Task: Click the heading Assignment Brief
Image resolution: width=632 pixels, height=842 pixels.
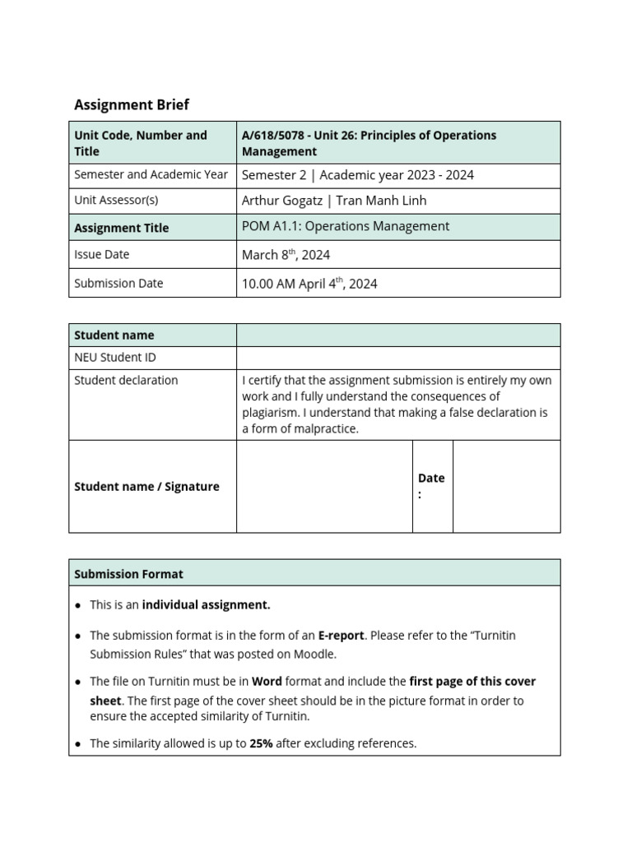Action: [x=132, y=104]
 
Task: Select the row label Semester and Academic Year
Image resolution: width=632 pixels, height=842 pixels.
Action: [x=151, y=174]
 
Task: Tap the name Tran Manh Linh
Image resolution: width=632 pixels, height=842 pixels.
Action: [x=381, y=201]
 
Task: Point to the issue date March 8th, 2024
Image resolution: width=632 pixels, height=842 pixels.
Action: [x=286, y=255]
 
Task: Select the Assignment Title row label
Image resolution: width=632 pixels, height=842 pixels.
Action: [x=121, y=228]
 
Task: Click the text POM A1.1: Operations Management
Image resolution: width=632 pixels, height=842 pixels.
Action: [x=346, y=226]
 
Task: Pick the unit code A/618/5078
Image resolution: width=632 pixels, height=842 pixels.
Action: [x=276, y=135]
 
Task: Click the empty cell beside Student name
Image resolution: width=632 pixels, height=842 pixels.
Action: [x=397, y=335]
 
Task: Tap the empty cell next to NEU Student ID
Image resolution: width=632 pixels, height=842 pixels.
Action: [x=397, y=358]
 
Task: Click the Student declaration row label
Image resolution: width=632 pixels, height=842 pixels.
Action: [x=125, y=380]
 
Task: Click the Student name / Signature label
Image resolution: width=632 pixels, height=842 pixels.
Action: [x=146, y=487]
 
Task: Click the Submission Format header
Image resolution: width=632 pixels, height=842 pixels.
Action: [x=128, y=574]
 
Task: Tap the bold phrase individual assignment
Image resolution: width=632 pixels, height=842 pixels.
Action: [x=206, y=605]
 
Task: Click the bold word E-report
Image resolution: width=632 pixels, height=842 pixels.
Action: [x=341, y=636]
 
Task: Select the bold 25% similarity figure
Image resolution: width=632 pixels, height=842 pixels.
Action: [x=261, y=743]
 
